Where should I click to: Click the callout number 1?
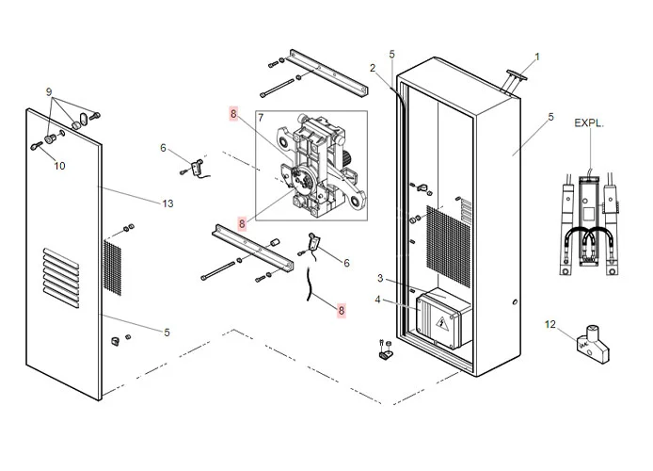click(537, 57)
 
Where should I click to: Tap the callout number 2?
click(373, 67)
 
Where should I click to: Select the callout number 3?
click(380, 279)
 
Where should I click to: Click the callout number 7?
click(262, 117)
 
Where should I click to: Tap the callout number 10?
click(60, 166)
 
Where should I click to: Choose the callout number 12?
click(550, 324)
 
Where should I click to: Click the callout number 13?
click(168, 203)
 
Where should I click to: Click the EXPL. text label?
click(589, 122)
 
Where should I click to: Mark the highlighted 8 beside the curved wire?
click(341, 308)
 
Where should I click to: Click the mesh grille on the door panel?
click(112, 265)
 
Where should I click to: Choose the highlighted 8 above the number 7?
click(234, 114)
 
